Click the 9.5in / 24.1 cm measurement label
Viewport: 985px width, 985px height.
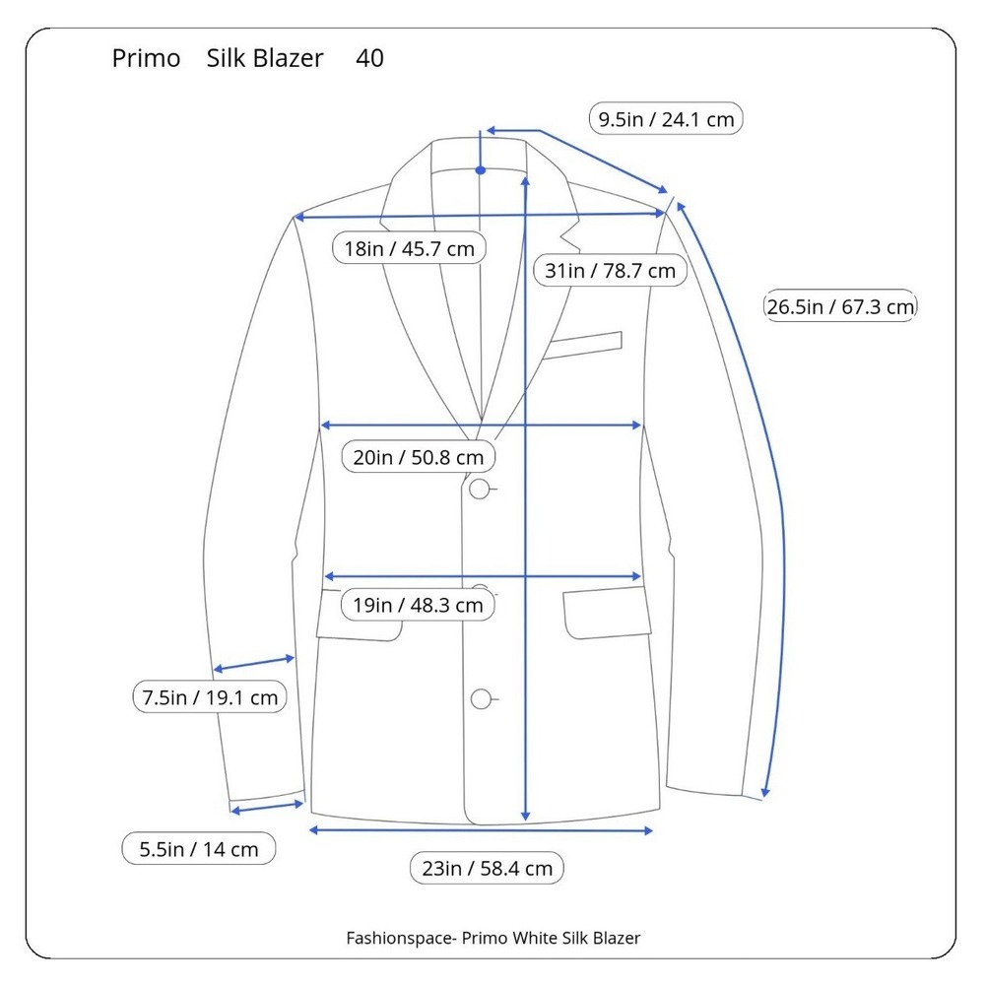coord(666,119)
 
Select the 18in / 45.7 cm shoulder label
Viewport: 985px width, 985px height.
coord(409,248)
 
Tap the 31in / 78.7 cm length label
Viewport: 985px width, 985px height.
coord(610,270)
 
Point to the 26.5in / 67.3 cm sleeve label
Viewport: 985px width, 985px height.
coord(840,306)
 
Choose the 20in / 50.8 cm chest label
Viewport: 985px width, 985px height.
coord(419,457)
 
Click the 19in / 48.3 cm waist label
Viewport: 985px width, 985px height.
coord(418,605)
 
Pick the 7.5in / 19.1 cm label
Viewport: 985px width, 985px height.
coord(210,697)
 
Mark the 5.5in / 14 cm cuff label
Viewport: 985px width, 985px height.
coord(199,849)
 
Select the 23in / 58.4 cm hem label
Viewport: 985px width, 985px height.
coord(487,868)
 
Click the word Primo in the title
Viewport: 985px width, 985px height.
coord(146,58)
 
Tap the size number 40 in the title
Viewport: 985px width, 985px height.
coord(369,58)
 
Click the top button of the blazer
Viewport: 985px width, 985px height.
coord(480,489)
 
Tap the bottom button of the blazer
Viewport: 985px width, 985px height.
coord(481,698)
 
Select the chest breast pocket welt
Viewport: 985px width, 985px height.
coord(582,345)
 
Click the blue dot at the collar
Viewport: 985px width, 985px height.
coord(481,170)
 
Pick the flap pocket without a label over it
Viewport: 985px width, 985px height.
coord(607,613)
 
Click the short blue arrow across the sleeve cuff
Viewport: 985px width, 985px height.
coord(267,808)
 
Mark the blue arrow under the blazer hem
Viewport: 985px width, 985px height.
coord(482,830)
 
